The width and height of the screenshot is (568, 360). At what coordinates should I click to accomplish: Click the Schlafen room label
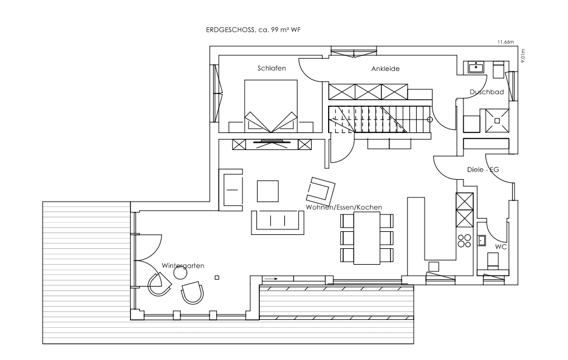(272, 68)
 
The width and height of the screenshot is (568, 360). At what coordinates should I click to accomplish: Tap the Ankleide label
(385, 69)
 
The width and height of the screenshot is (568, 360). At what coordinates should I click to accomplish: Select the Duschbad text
(487, 92)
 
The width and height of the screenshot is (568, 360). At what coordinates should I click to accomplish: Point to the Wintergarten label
(183, 265)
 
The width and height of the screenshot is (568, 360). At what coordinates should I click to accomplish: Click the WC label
(501, 247)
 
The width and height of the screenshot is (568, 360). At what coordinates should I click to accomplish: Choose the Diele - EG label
(483, 169)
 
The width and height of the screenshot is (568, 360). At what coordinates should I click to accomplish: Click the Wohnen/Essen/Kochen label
(344, 207)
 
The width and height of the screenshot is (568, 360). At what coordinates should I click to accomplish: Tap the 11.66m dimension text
(505, 42)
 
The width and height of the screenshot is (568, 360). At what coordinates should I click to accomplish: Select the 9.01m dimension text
(522, 56)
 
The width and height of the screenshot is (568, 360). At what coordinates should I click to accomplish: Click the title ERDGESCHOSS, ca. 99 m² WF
(253, 30)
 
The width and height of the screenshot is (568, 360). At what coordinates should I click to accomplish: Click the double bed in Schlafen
(271, 106)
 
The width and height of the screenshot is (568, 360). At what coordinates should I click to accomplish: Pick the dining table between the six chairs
(367, 238)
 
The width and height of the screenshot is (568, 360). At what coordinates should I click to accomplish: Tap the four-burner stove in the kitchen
(464, 241)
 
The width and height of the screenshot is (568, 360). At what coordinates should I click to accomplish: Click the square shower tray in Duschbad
(498, 121)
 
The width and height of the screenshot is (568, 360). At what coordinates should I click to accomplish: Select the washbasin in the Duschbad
(476, 67)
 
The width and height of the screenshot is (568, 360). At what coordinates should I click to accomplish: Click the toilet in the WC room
(493, 260)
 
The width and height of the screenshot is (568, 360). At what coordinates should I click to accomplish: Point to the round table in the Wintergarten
(180, 273)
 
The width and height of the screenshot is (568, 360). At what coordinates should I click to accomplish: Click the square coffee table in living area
(268, 191)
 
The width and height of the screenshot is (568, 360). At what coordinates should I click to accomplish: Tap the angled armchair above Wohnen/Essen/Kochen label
(321, 191)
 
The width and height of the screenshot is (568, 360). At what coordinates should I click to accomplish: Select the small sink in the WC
(481, 240)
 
